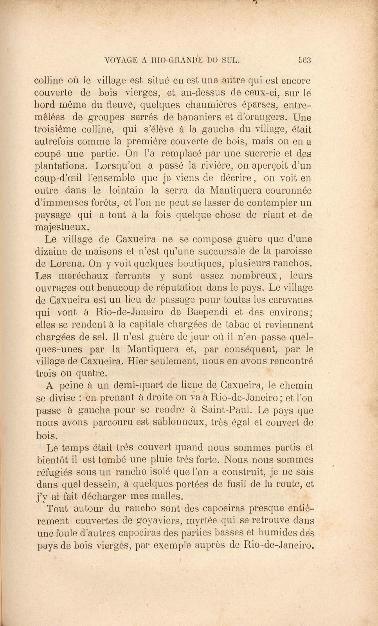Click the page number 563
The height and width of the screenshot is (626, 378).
[x=304, y=60]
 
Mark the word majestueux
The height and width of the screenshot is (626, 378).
[x=62, y=227]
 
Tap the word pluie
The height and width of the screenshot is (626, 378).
[x=184, y=459]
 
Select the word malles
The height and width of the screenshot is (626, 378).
[x=164, y=496]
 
